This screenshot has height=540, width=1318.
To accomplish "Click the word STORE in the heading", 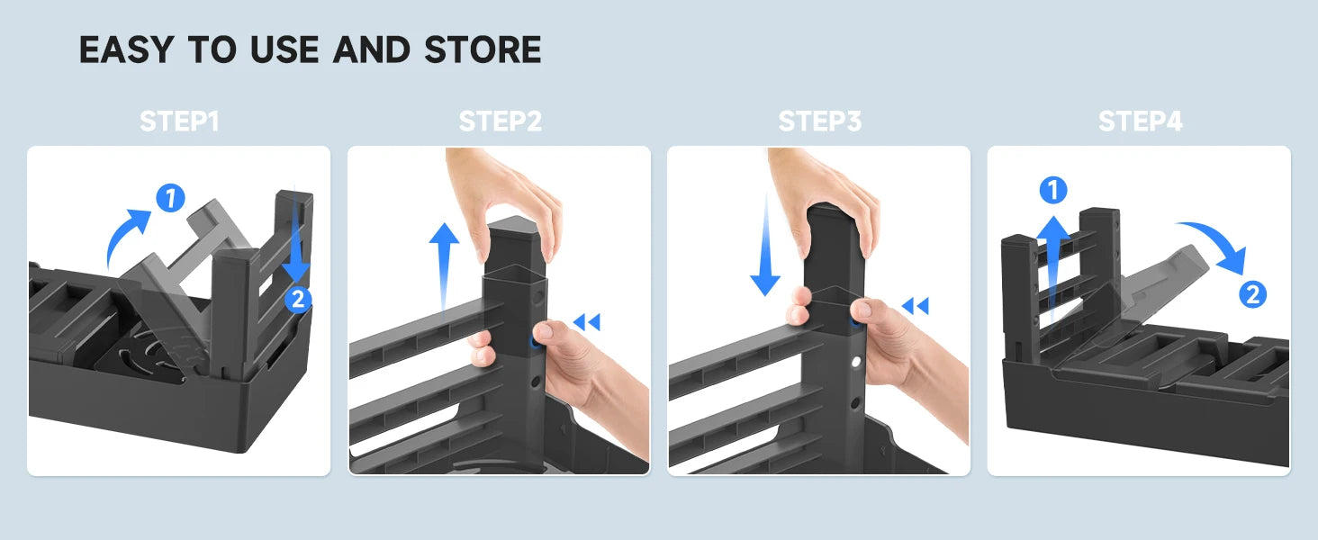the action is click(x=483, y=49).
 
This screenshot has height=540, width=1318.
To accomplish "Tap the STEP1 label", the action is click(x=179, y=121).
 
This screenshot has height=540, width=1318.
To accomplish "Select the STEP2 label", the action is click(x=501, y=121).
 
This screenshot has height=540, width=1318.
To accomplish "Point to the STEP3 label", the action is click(x=820, y=121).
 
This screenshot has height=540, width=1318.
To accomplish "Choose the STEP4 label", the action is click(x=1141, y=121).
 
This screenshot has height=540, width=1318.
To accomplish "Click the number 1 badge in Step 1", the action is click(x=171, y=198).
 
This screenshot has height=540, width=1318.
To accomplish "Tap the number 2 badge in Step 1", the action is click(x=298, y=300).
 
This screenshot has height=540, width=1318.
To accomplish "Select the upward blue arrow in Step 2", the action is click(x=444, y=265).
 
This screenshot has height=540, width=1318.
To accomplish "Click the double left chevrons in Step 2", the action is click(x=587, y=322).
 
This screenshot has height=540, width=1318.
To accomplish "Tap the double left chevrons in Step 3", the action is click(x=916, y=306).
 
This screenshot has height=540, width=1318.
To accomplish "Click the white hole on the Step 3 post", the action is click(x=856, y=362).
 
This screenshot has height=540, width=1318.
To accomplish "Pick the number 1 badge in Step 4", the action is click(x=1053, y=190).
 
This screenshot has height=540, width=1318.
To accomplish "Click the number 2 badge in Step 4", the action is click(x=1252, y=294).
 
